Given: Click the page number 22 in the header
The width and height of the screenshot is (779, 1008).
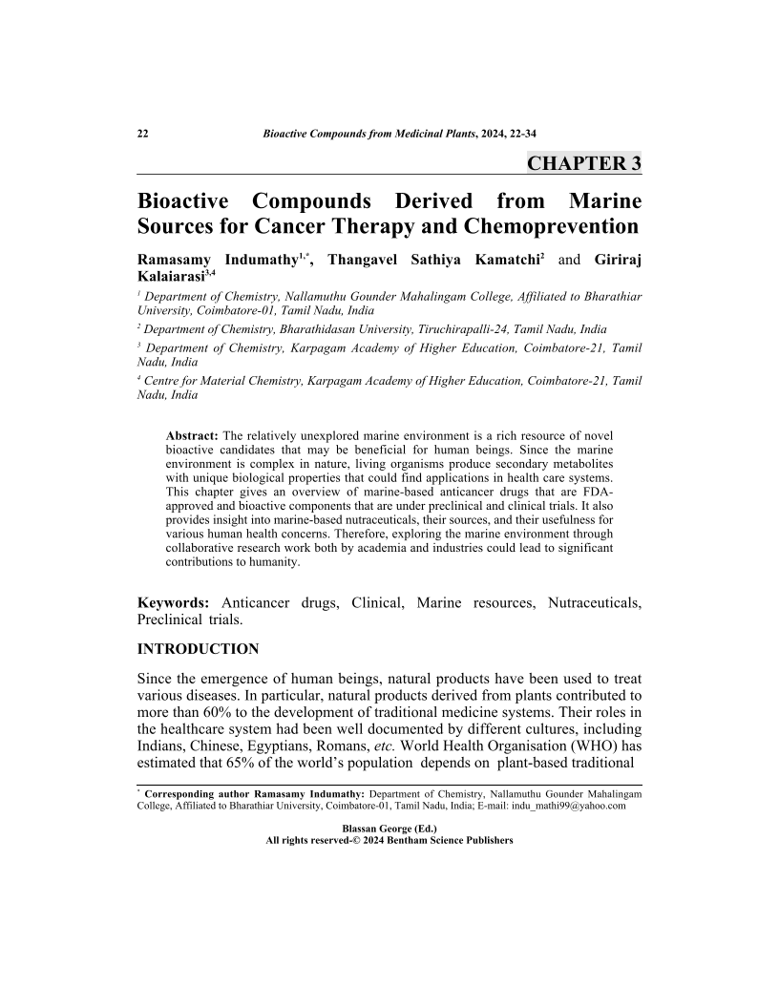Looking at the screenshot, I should [x=142, y=133].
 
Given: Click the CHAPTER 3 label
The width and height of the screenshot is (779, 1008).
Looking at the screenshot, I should [x=583, y=163].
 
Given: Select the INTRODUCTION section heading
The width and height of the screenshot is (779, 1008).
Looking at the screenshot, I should [x=199, y=650].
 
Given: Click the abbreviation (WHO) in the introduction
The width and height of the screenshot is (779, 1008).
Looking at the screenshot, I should [x=593, y=748].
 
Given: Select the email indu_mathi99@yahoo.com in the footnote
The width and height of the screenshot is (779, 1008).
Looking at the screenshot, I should [x=570, y=806].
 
